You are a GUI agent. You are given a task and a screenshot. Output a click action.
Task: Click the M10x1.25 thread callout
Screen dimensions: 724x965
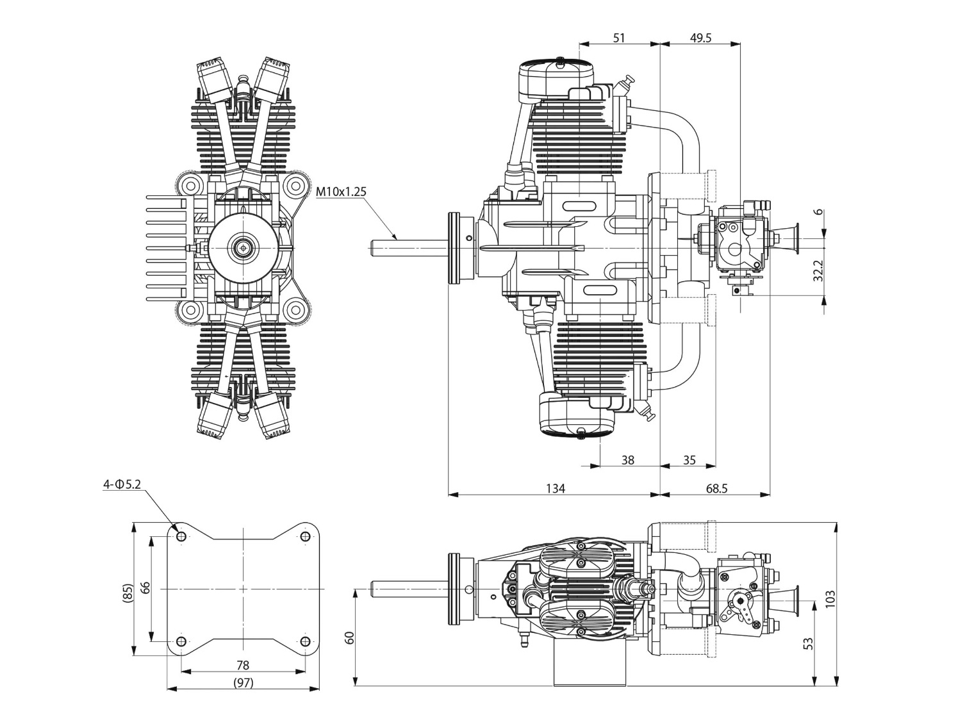[342, 191]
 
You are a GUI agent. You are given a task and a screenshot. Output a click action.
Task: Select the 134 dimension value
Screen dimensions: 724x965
[556, 488]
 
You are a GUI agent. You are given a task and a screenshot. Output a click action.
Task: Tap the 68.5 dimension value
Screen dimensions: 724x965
[717, 488]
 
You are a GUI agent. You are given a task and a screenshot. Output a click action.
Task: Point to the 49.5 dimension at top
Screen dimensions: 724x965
[700, 38]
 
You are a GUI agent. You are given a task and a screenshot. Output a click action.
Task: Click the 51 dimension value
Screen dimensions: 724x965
[618, 38]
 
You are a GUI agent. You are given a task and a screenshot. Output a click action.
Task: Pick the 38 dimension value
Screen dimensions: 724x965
[628, 460]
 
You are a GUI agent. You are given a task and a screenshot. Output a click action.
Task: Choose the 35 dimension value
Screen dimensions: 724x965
[689, 460]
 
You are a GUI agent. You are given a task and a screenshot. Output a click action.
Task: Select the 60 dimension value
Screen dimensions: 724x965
[349, 638]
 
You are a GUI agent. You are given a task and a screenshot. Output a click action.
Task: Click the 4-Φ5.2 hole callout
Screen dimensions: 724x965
[122, 484]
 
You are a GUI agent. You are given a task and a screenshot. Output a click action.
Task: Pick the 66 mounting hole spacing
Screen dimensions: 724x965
[145, 588]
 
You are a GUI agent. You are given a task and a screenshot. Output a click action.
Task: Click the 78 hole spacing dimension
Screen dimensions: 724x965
[243, 665]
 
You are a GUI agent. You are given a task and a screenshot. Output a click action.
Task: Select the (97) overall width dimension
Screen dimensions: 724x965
[243, 683]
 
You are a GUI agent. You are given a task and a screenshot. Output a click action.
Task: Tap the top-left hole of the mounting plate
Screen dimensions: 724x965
[181, 536]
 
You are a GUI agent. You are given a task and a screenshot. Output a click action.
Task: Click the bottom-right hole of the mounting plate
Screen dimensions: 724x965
[305, 641]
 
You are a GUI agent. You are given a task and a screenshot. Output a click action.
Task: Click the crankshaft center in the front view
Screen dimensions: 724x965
[244, 247]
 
